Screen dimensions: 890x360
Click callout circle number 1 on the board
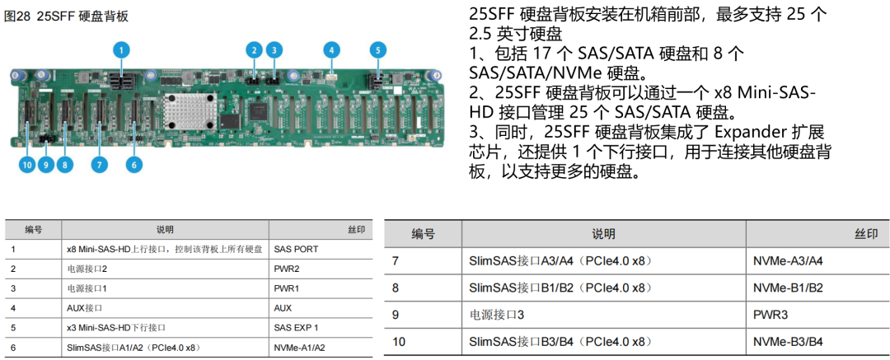[121, 49]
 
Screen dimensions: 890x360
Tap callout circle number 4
[331, 49]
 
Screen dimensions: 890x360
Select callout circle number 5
[377, 49]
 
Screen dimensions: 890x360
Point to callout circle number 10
[27, 165]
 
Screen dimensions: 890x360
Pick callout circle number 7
[99, 165]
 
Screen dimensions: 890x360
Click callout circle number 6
[134, 165]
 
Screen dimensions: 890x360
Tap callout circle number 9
[46, 165]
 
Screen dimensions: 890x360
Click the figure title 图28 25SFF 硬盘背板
[66, 16]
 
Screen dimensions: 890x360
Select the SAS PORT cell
[296, 249]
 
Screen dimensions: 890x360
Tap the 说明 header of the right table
[602, 234]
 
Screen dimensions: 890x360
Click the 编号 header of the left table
[33, 229]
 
